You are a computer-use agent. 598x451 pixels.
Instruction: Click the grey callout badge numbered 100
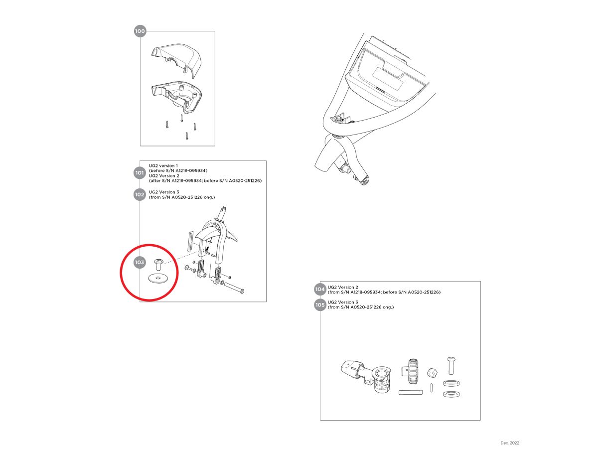(x=140, y=31)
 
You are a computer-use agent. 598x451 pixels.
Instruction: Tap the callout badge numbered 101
(x=140, y=172)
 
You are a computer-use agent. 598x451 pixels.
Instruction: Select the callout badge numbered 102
(x=140, y=194)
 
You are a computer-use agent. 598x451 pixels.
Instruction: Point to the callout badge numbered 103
(x=140, y=262)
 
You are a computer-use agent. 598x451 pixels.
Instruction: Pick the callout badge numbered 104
(x=320, y=289)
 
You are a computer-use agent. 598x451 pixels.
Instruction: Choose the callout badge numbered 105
(x=320, y=305)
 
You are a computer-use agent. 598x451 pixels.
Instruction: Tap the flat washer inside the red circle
(x=158, y=279)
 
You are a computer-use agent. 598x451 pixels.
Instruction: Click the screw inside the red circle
(x=158, y=265)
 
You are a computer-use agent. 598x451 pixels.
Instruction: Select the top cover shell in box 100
(x=176, y=60)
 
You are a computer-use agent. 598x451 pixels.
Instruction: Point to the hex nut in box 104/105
(x=432, y=373)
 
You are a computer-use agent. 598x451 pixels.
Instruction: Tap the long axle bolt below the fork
(x=234, y=288)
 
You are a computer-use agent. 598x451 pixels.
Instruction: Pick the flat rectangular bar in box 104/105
(x=411, y=393)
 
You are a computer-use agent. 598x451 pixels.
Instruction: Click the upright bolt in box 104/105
(x=450, y=365)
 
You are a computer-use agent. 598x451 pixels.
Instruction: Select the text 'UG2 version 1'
(x=163, y=165)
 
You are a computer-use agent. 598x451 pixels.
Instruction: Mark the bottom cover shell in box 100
(x=176, y=96)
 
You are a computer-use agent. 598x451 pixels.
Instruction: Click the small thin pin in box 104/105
(x=432, y=388)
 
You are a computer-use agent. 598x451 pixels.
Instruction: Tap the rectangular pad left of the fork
(x=190, y=241)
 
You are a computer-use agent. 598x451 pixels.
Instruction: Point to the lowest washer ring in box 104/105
(x=451, y=394)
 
